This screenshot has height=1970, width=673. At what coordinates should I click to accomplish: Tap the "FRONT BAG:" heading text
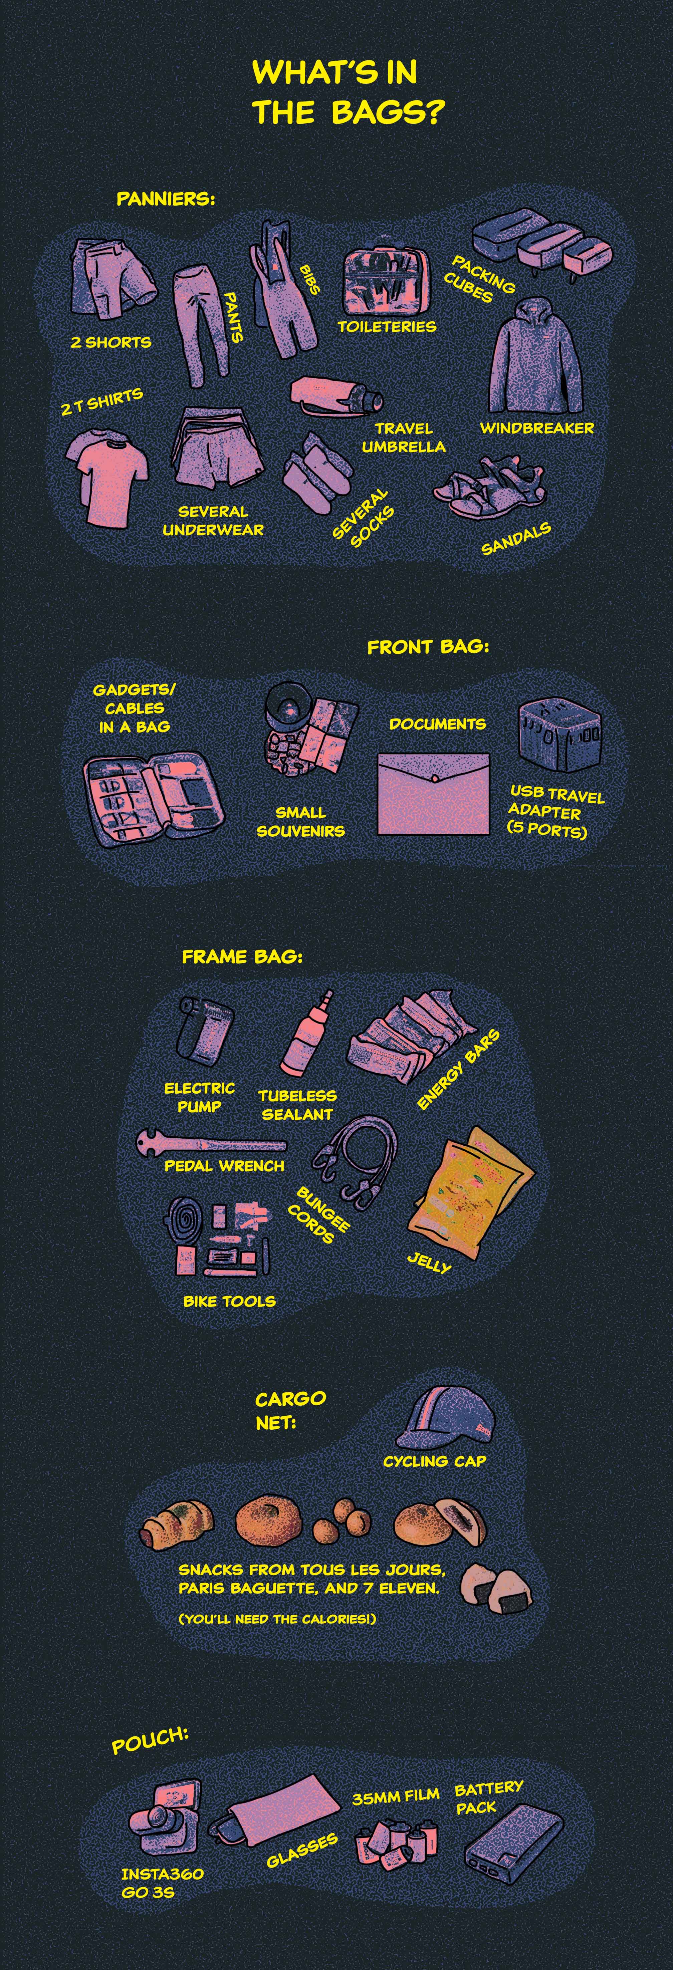pos(428,647)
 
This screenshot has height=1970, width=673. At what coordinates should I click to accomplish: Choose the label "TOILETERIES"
pos(387,326)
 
